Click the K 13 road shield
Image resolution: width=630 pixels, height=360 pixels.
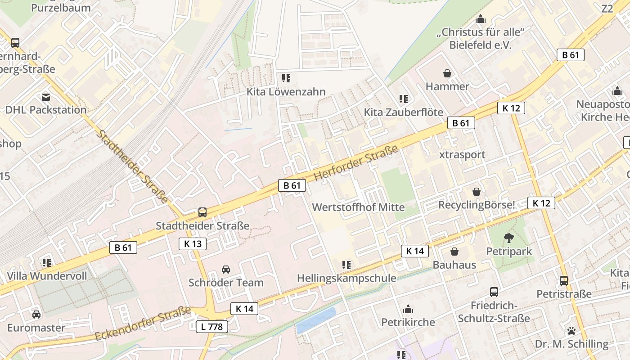[193, 244]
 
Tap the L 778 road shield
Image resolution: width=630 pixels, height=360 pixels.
[211, 327]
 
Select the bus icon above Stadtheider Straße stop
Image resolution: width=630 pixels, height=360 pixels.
[202, 212]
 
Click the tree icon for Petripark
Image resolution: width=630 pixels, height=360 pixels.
[509, 238]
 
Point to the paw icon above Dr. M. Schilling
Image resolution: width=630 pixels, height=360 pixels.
[571, 331]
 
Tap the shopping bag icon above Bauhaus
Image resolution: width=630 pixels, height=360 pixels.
[454, 252]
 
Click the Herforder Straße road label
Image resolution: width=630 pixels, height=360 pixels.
[356, 163]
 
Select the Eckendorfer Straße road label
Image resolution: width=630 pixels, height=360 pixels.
[143, 324]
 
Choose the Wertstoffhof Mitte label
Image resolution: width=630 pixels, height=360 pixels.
[358, 207]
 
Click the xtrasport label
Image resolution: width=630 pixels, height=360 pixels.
[462, 154]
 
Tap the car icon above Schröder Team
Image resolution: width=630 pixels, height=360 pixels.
[226, 270]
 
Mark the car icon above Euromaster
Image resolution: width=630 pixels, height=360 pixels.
[36, 314]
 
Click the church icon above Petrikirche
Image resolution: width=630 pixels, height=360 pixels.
[408, 309]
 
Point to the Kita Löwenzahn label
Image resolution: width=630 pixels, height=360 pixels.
[286, 92]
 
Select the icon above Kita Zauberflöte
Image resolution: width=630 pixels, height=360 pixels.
[404, 99]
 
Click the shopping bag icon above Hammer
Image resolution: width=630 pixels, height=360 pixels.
[447, 73]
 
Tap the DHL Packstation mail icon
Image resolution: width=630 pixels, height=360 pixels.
[46, 97]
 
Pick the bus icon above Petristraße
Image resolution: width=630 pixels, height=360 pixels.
[564, 281]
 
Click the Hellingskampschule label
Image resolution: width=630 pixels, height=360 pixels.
[346, 278]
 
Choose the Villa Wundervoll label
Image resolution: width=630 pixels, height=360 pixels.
[47, 276]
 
